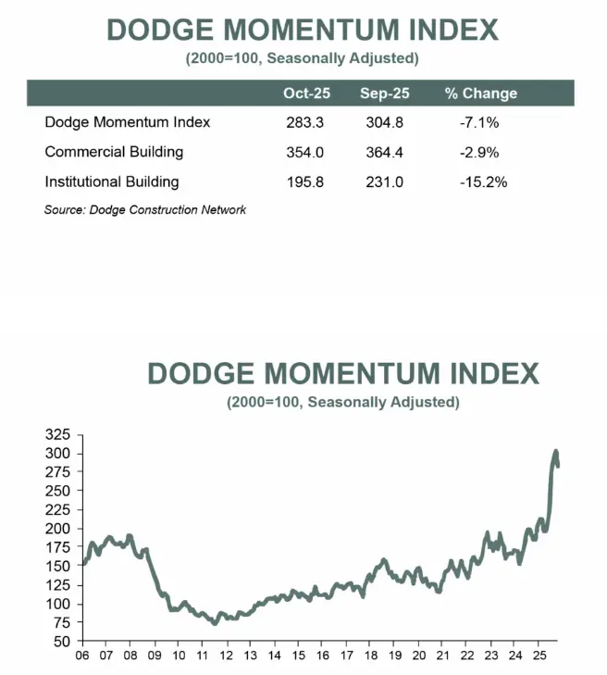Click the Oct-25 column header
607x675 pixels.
pos(307,94)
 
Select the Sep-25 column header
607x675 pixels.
pos(385,94)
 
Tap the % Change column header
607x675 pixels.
pos(481,94)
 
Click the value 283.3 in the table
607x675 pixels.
pos(307,122)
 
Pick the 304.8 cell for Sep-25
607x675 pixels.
pos(385,122)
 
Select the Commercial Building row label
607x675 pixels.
pos(114,152)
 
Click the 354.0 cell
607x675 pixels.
pos(307,152)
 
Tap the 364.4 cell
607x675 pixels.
pos(385,152)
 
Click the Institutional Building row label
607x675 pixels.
pos(112,181)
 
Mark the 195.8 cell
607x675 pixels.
pos(307,181)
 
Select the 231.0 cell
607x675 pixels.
pos(385,181)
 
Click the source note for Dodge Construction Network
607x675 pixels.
pos(145,210)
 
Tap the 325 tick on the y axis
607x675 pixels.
pos(59,434)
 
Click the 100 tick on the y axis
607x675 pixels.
pos(59,604)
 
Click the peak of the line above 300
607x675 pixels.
pos(556,451)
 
